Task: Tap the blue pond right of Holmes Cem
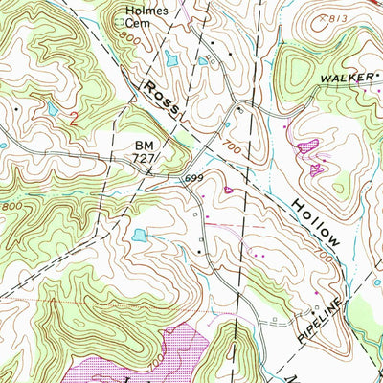(x=170, y=59)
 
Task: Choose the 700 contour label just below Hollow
(x=323, y=259)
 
